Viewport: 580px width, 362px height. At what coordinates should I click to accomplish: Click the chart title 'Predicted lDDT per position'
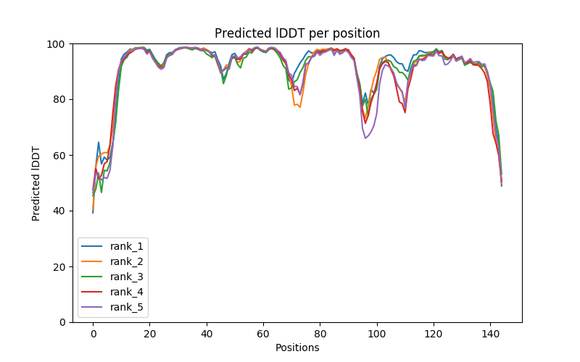[x=297, y=33]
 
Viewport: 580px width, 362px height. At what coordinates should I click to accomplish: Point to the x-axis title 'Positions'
[x=297, y=348]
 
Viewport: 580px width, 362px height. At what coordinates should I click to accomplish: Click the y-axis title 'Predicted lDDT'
[x=36, y=183]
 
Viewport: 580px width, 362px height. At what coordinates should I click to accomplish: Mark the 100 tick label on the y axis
[x=56, y=44]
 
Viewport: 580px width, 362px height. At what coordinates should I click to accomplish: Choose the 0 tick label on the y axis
[x=62, y=322]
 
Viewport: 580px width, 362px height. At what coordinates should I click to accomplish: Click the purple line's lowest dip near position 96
[x=365, y=138]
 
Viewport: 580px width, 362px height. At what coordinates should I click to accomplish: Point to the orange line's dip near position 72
[x=299, y=106]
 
